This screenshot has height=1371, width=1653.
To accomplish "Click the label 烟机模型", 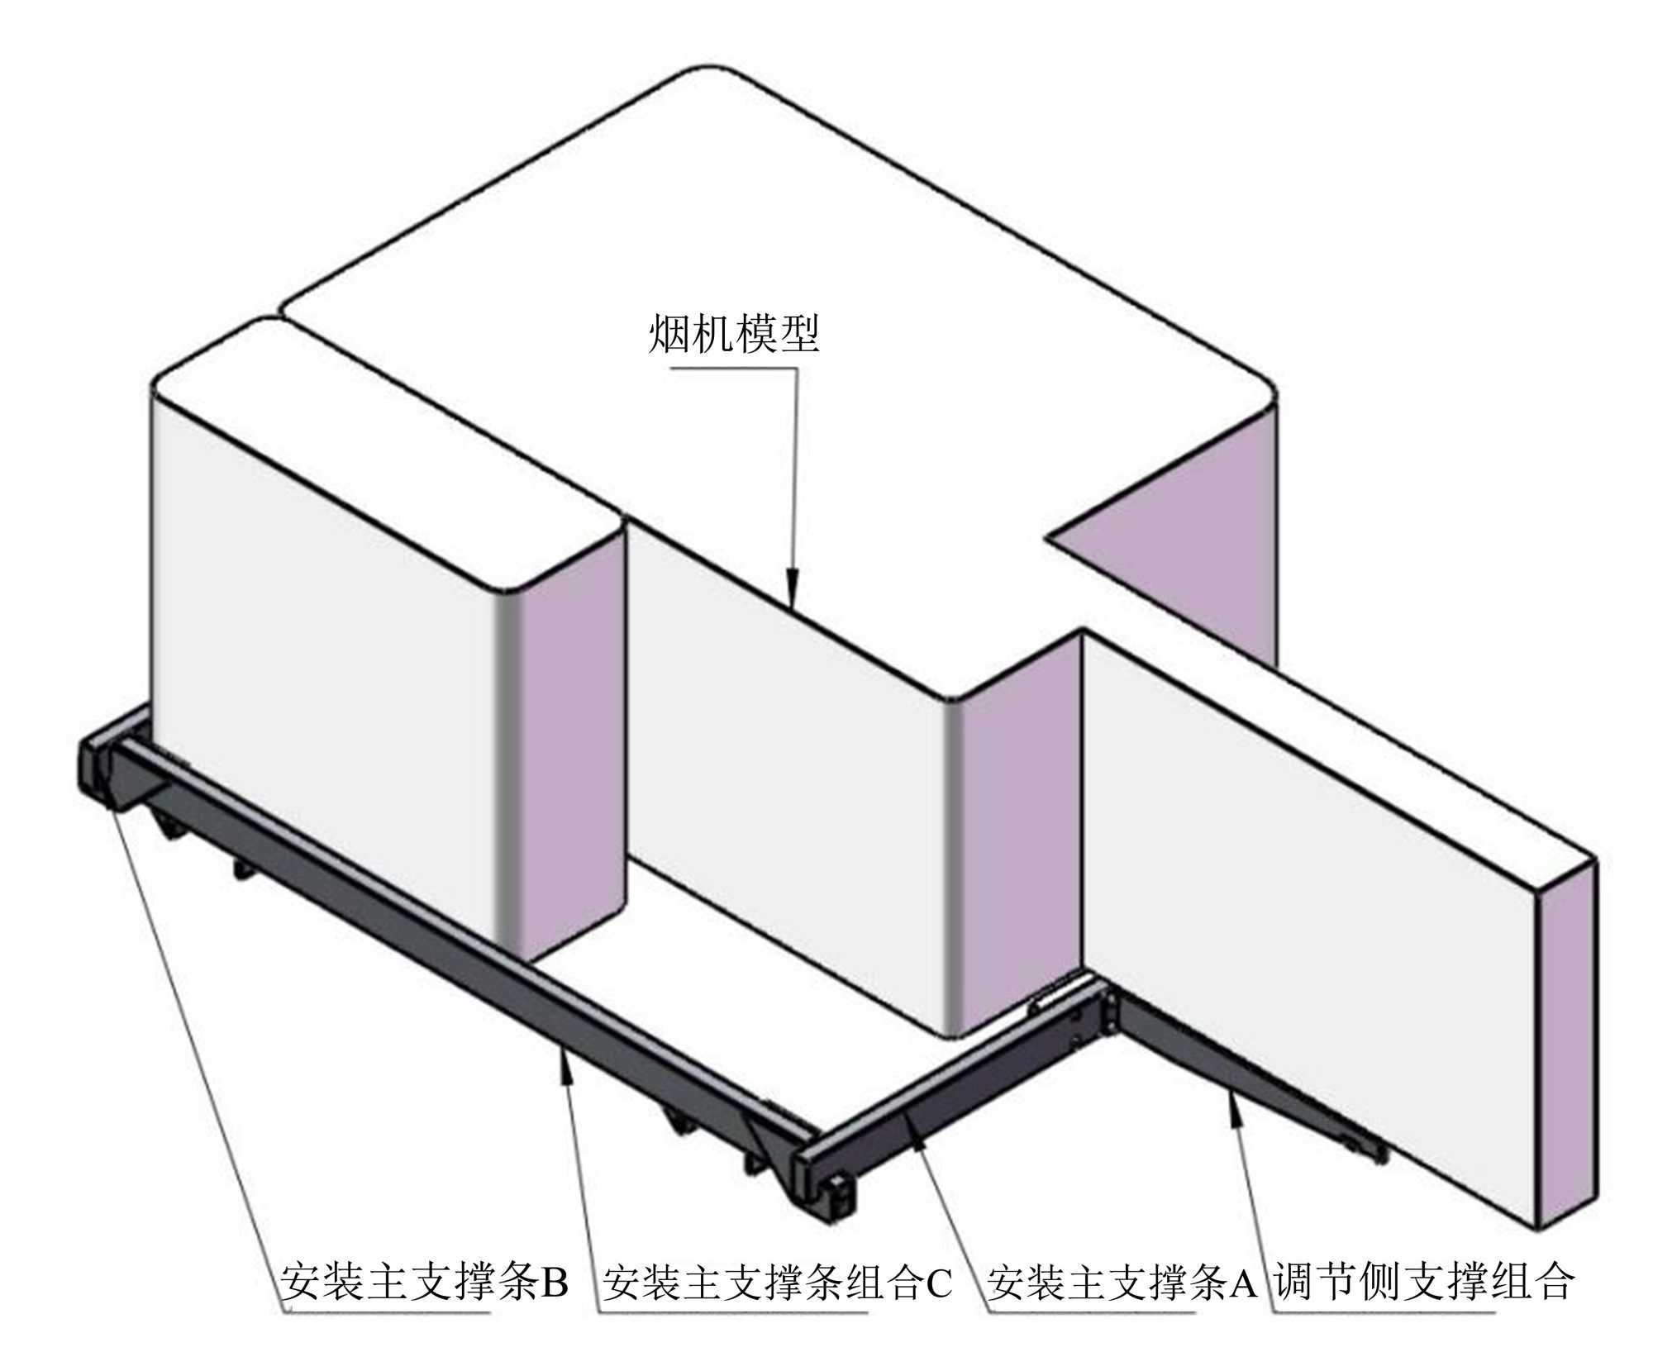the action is pos(733,335).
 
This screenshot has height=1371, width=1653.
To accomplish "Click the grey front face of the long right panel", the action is pos(1306,909).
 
